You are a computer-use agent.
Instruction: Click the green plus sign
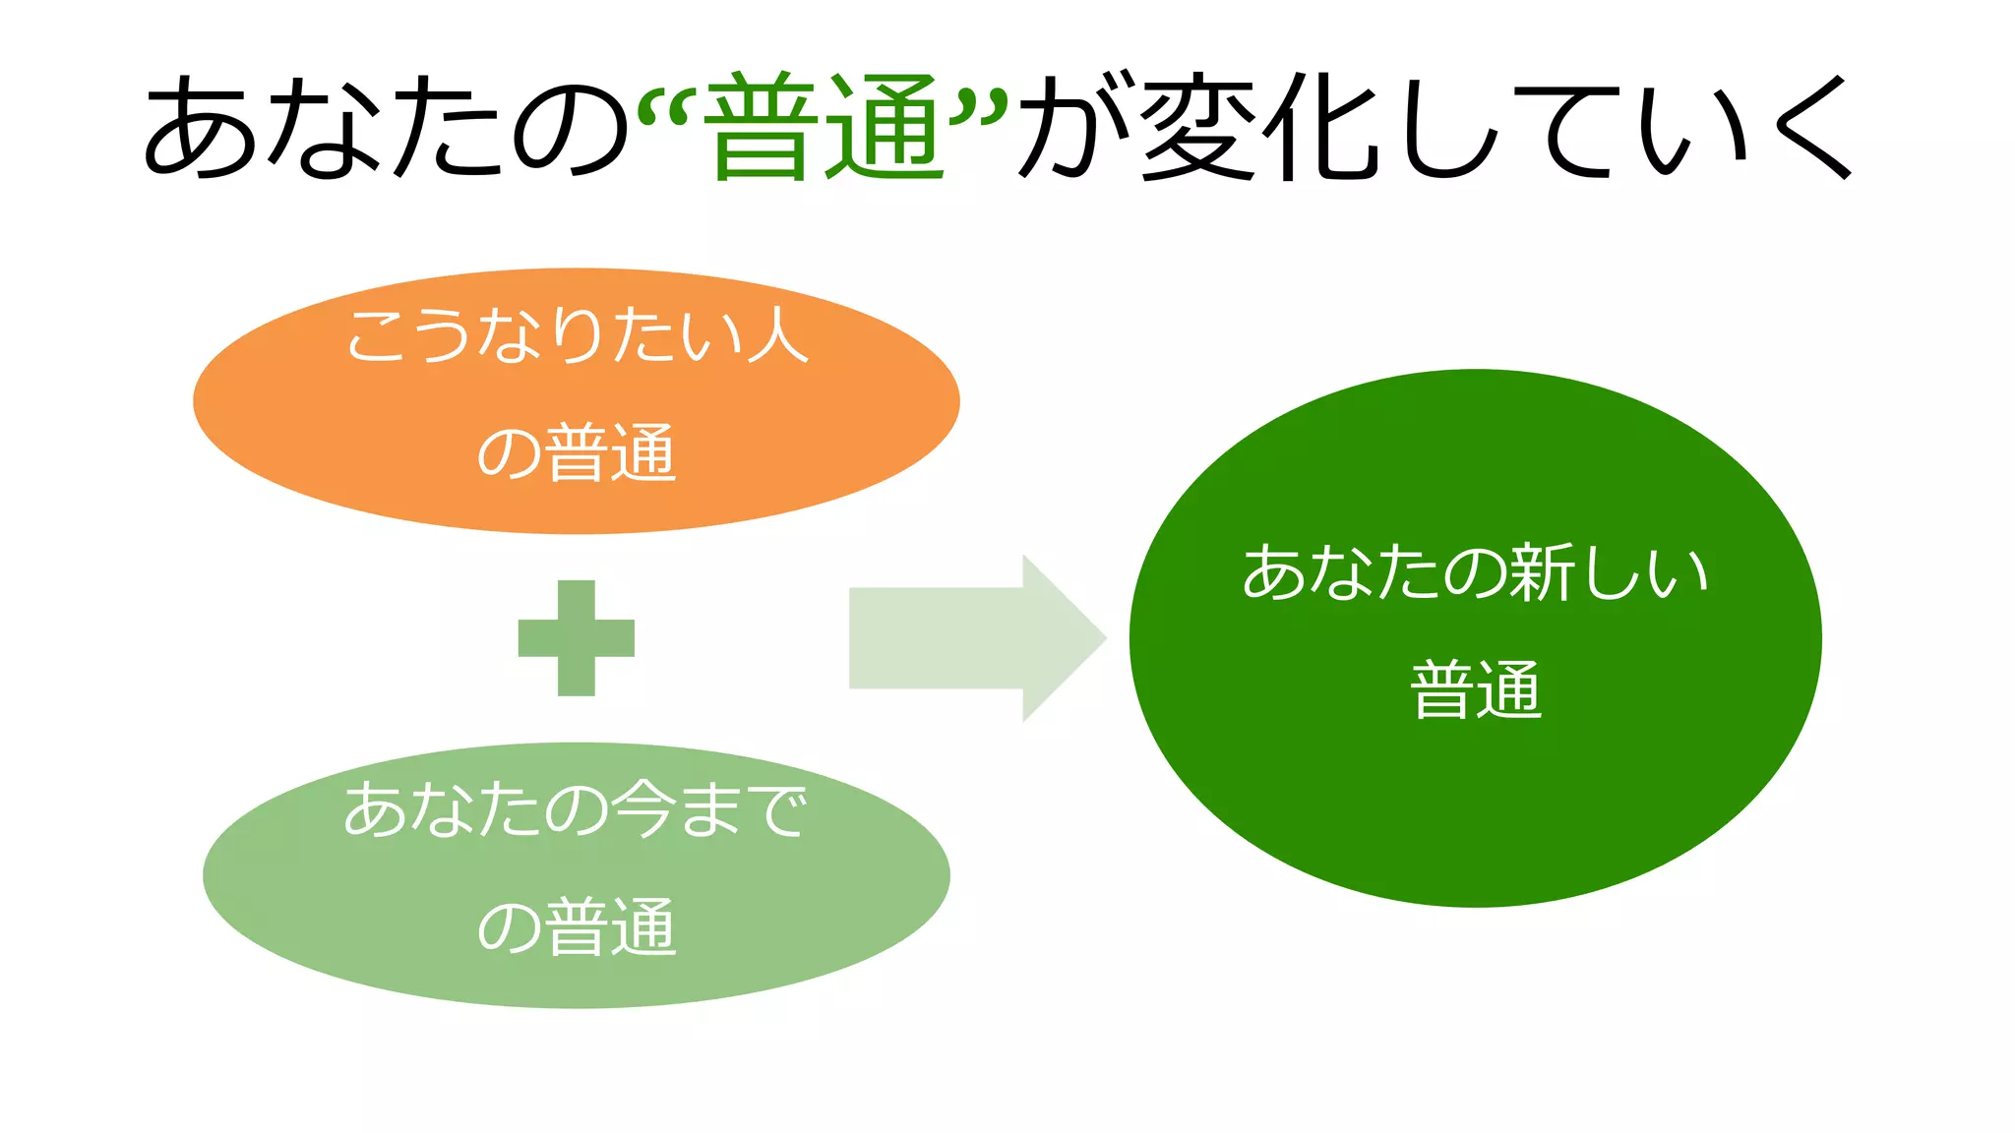tap(577, 638)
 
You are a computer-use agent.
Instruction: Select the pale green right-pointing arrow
tap(974, 638)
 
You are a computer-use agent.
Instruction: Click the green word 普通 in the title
tap(824, 126)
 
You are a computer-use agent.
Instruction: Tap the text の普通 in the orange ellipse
tap(577, 453)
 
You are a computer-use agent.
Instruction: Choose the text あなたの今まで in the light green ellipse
tap(577, 810)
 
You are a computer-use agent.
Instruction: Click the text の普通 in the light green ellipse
tap(577, 927)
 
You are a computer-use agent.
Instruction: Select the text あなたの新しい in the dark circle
tap(1475, 572)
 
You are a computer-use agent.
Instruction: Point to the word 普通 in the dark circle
tap(1475, 690)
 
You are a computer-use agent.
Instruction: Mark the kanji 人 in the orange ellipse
tap(777, 335)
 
